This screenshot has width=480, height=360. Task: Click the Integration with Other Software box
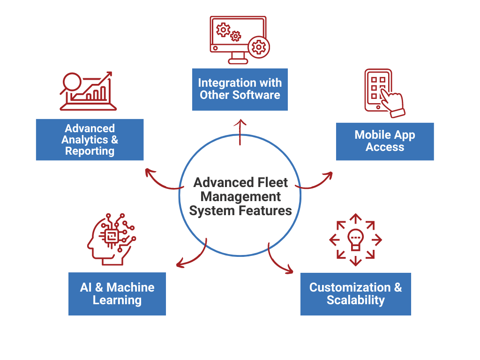click(x=240, y=89)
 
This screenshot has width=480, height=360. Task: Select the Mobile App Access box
click(x=384, y=141)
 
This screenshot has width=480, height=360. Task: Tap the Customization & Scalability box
click(x=355, y=294)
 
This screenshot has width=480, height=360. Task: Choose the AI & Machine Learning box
click(x=117, y=294)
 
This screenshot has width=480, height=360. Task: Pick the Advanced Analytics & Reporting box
click(x=90, y=140)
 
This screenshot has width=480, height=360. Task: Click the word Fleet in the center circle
click(x=272, y=182)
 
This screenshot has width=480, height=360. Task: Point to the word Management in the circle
click(x=240, y=196)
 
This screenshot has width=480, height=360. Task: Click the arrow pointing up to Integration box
click(x=241, y=131)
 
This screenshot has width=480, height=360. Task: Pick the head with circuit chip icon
click(x=111, y=236)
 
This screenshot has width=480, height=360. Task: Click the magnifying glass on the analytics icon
click(x=73, y=82)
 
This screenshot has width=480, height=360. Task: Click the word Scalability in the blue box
click(x=355, y=300)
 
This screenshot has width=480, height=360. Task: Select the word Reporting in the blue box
click(x=90, y=151)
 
